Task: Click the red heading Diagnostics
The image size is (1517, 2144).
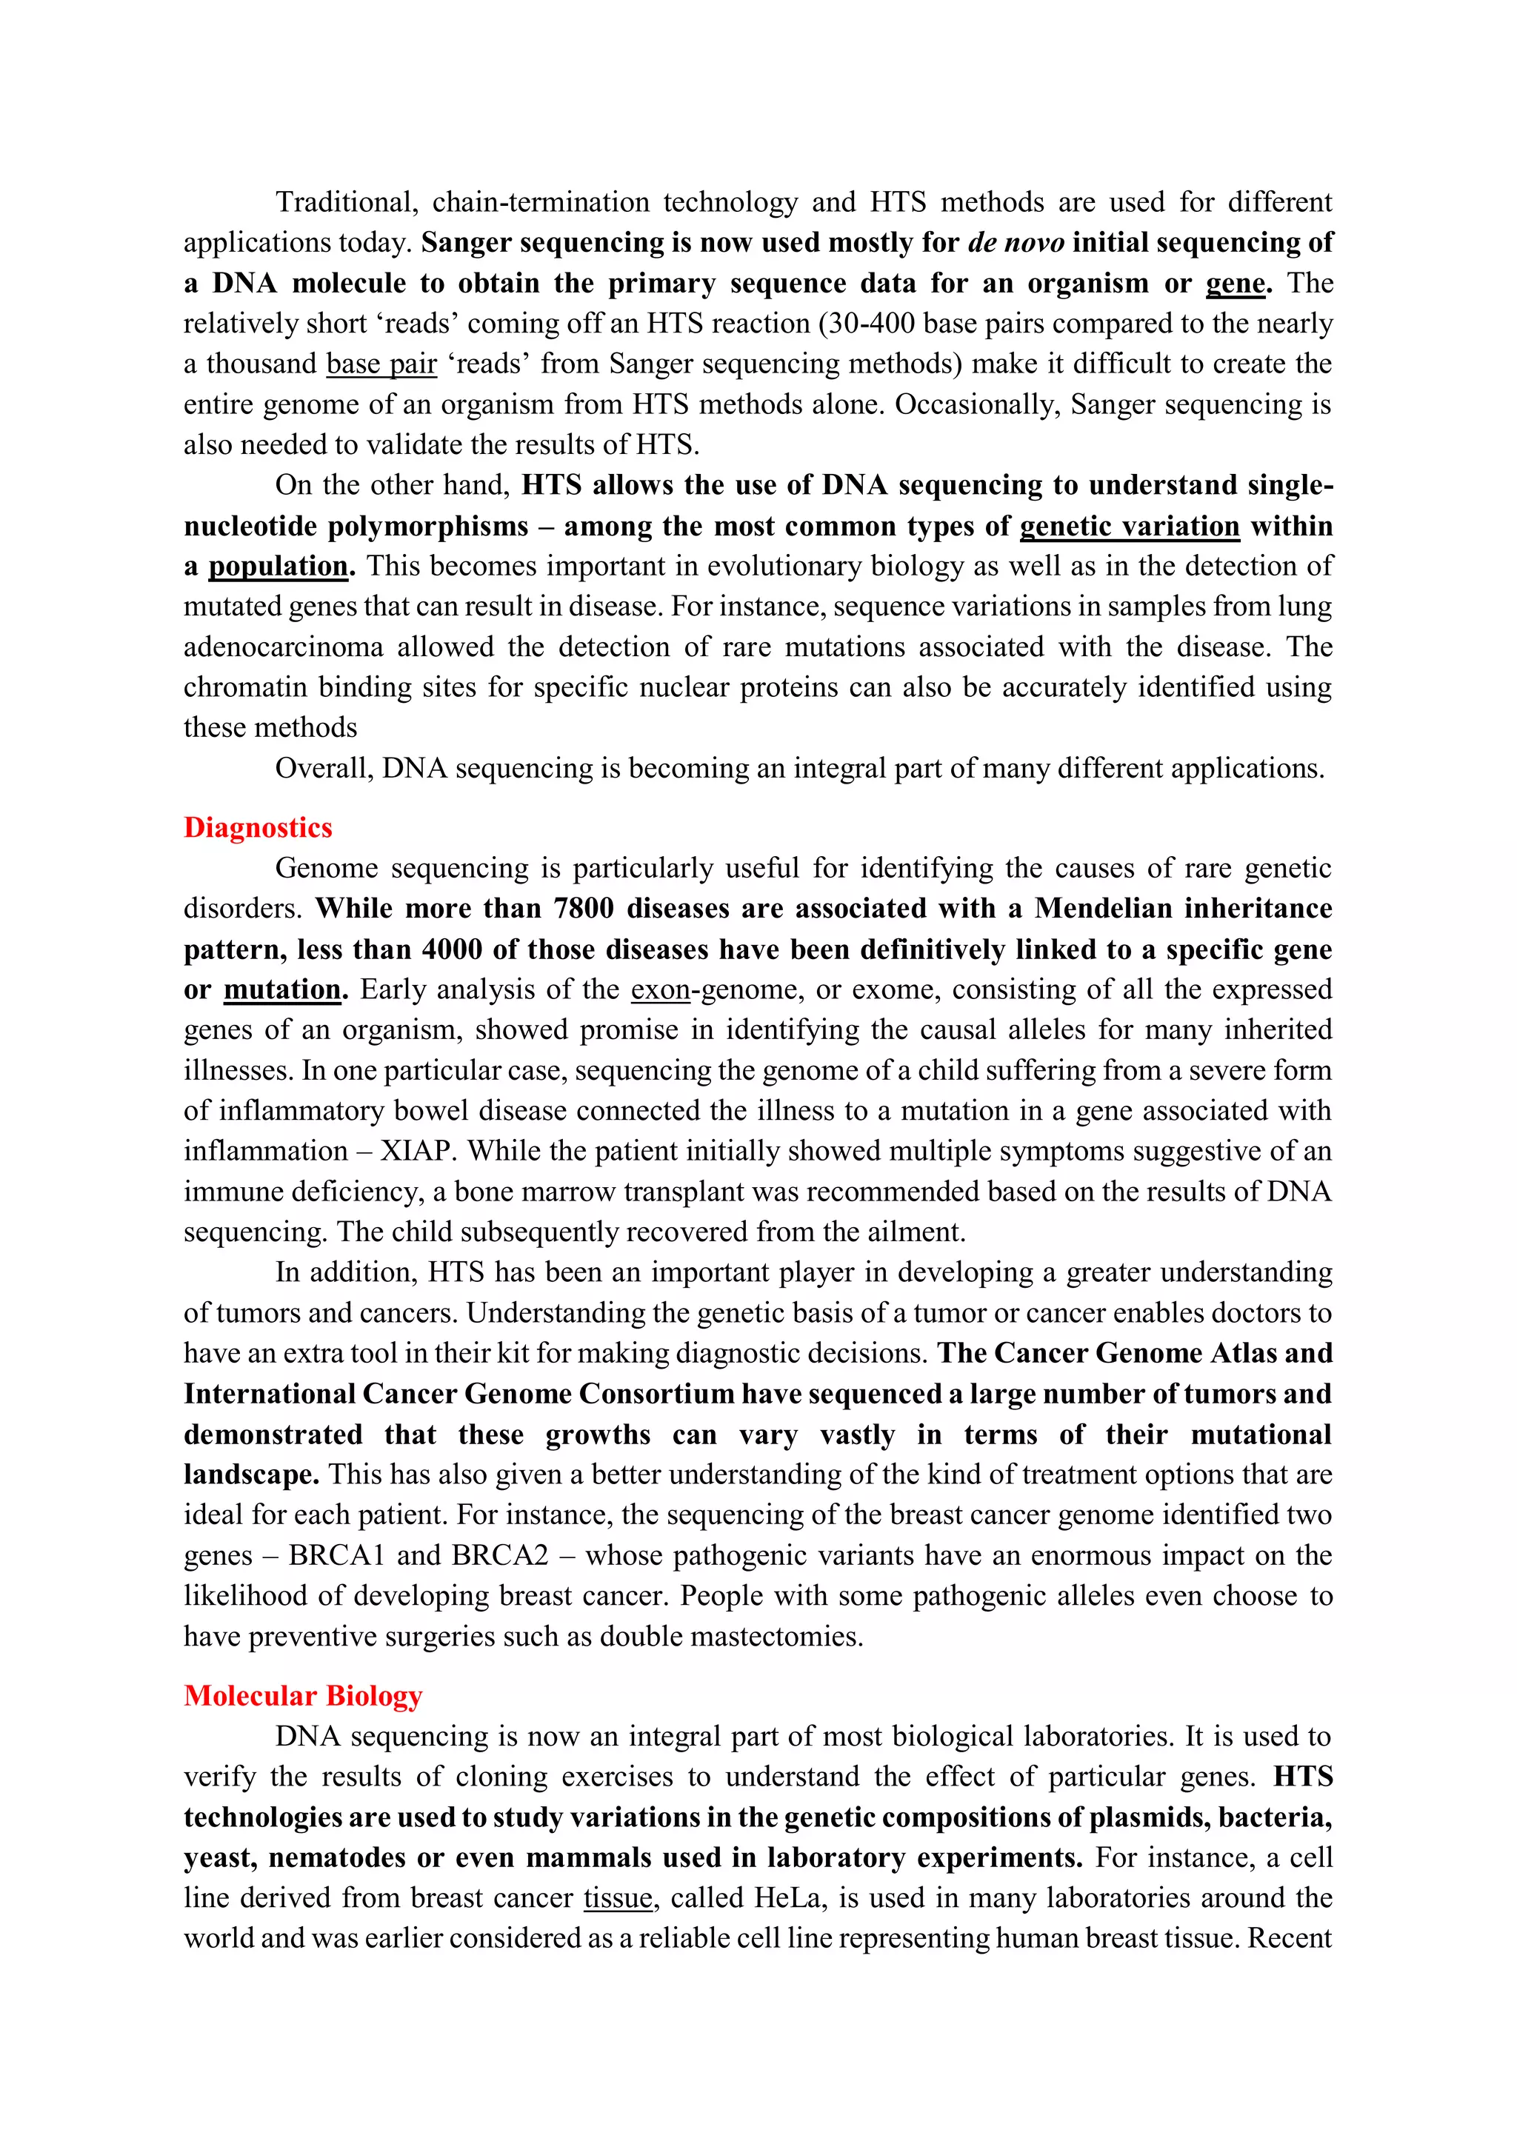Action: click(258, 827)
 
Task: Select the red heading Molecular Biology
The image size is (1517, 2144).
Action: click(303, 1696)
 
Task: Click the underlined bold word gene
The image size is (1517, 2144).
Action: click(1235, 283)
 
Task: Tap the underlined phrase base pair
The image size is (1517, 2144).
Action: click(381, 363)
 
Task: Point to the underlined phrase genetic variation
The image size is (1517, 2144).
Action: click(1130, 526)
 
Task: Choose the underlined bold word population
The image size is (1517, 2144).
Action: click(278, 566)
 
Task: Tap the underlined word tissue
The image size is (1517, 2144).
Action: click(618, 1897)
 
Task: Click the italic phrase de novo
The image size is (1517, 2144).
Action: click(1016, 243)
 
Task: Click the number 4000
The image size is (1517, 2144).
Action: click(453, 949)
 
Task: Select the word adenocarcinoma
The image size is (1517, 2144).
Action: click(283, 647)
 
